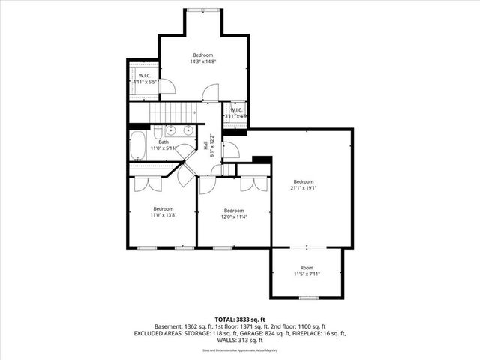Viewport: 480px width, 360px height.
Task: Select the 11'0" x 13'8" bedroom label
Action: [x=163, y=212]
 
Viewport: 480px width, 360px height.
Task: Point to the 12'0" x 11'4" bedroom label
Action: [x=233, y=214]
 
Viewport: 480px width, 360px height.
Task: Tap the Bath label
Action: [x=163, y=145]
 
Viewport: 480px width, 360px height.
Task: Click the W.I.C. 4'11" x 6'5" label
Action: [x=145, y=78]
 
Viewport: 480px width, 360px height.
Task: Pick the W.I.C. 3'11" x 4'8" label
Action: [x=238, y=113]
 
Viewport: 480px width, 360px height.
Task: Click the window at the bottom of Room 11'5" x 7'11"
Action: [x=307, y=298]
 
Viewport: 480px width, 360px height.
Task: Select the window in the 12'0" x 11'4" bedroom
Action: [x=223, y=247]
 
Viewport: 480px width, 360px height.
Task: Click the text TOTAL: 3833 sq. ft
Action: [x=240, y=319]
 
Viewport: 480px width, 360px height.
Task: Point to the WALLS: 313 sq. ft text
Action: [x=240, y=340]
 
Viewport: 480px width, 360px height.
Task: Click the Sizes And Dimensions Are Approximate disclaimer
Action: [x=240, y=350]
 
